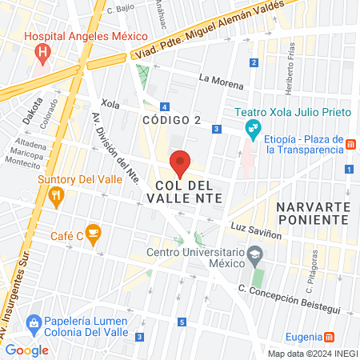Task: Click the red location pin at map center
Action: (x=180, y=164)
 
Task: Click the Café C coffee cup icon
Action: (x=93, y=234)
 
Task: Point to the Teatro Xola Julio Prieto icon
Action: (x=253, y=128)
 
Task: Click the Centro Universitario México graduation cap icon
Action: (x=254, y=255)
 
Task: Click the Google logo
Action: (x=27, y=350)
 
